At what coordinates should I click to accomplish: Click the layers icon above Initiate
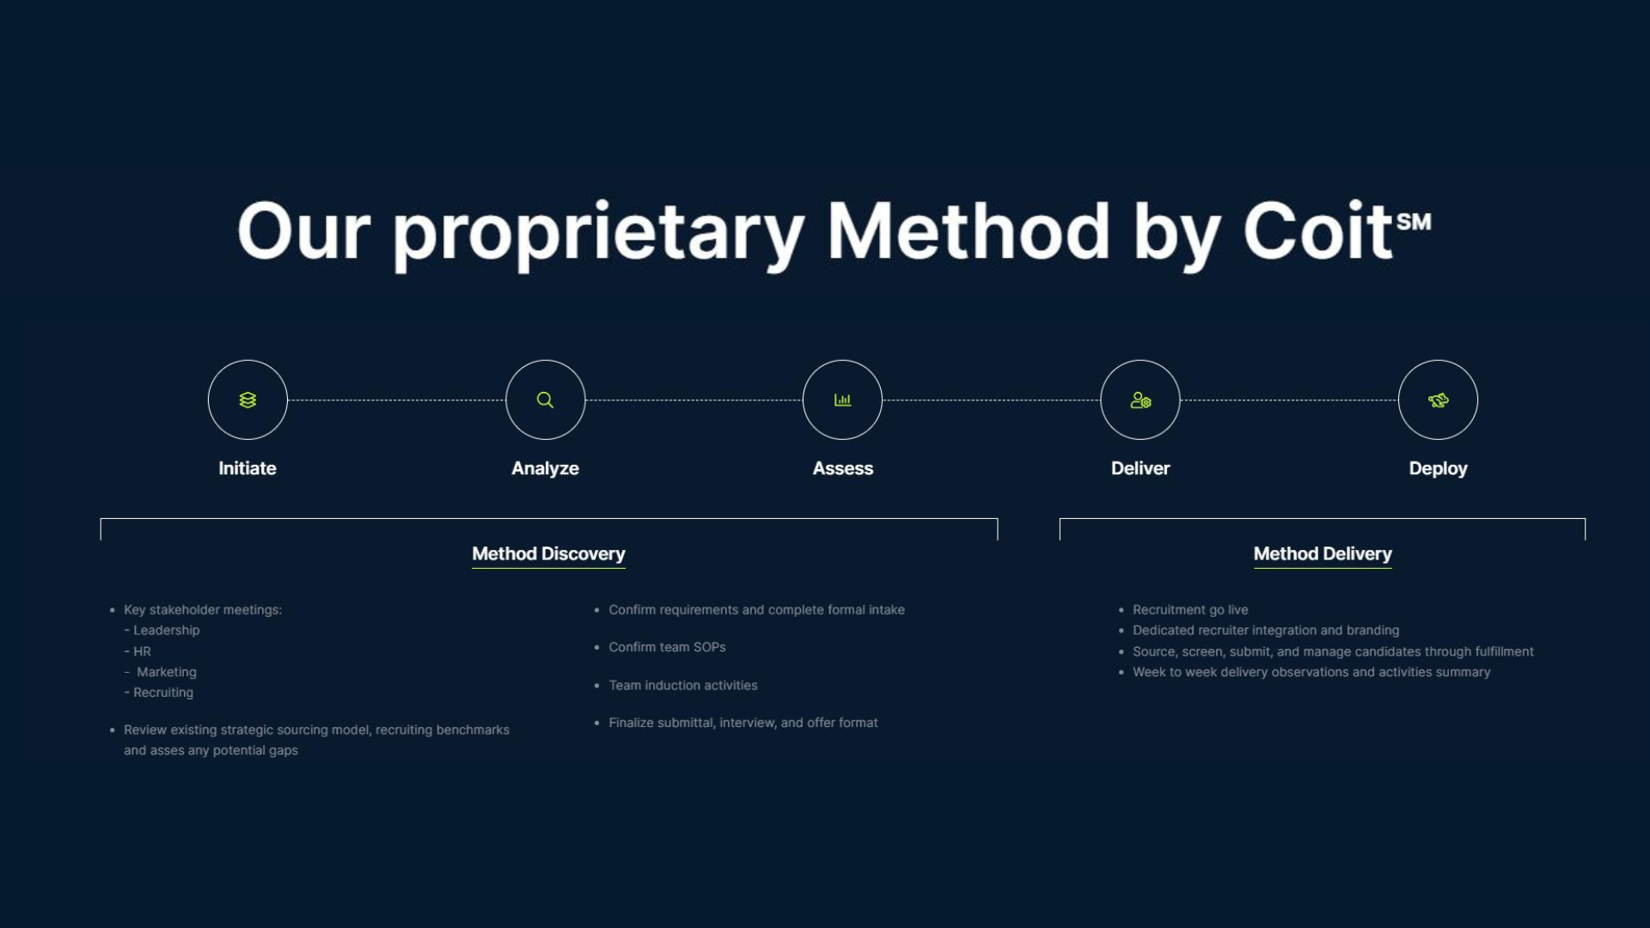(247, 400)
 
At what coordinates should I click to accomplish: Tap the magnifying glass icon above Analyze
(545, 400)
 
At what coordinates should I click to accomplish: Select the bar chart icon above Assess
(842, 400)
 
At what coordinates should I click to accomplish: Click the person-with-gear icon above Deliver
(1140, 400)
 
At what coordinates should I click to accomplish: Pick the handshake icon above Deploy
(1438, 400)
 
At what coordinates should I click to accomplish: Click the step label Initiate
(247, 468)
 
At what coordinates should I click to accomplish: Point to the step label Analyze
(545, 468)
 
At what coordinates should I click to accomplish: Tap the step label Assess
(842, 468)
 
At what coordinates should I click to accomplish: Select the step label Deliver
(1140, 468)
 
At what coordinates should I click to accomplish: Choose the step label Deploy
(1438, 468)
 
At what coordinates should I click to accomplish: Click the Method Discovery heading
(548, 554)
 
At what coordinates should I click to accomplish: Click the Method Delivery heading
(1323, 554)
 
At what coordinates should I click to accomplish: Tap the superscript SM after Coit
(1414, 222)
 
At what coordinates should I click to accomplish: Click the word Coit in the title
(1317, 232)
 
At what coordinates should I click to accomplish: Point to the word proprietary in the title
(599, 234)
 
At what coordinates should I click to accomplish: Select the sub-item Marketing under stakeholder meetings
(167, 672)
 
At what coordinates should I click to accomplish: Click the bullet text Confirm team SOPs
(667, 647)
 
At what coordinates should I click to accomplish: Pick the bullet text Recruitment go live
(1190, 610)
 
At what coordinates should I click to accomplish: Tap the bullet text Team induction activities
(683, 686)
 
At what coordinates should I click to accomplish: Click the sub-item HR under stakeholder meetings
(142, 651)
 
